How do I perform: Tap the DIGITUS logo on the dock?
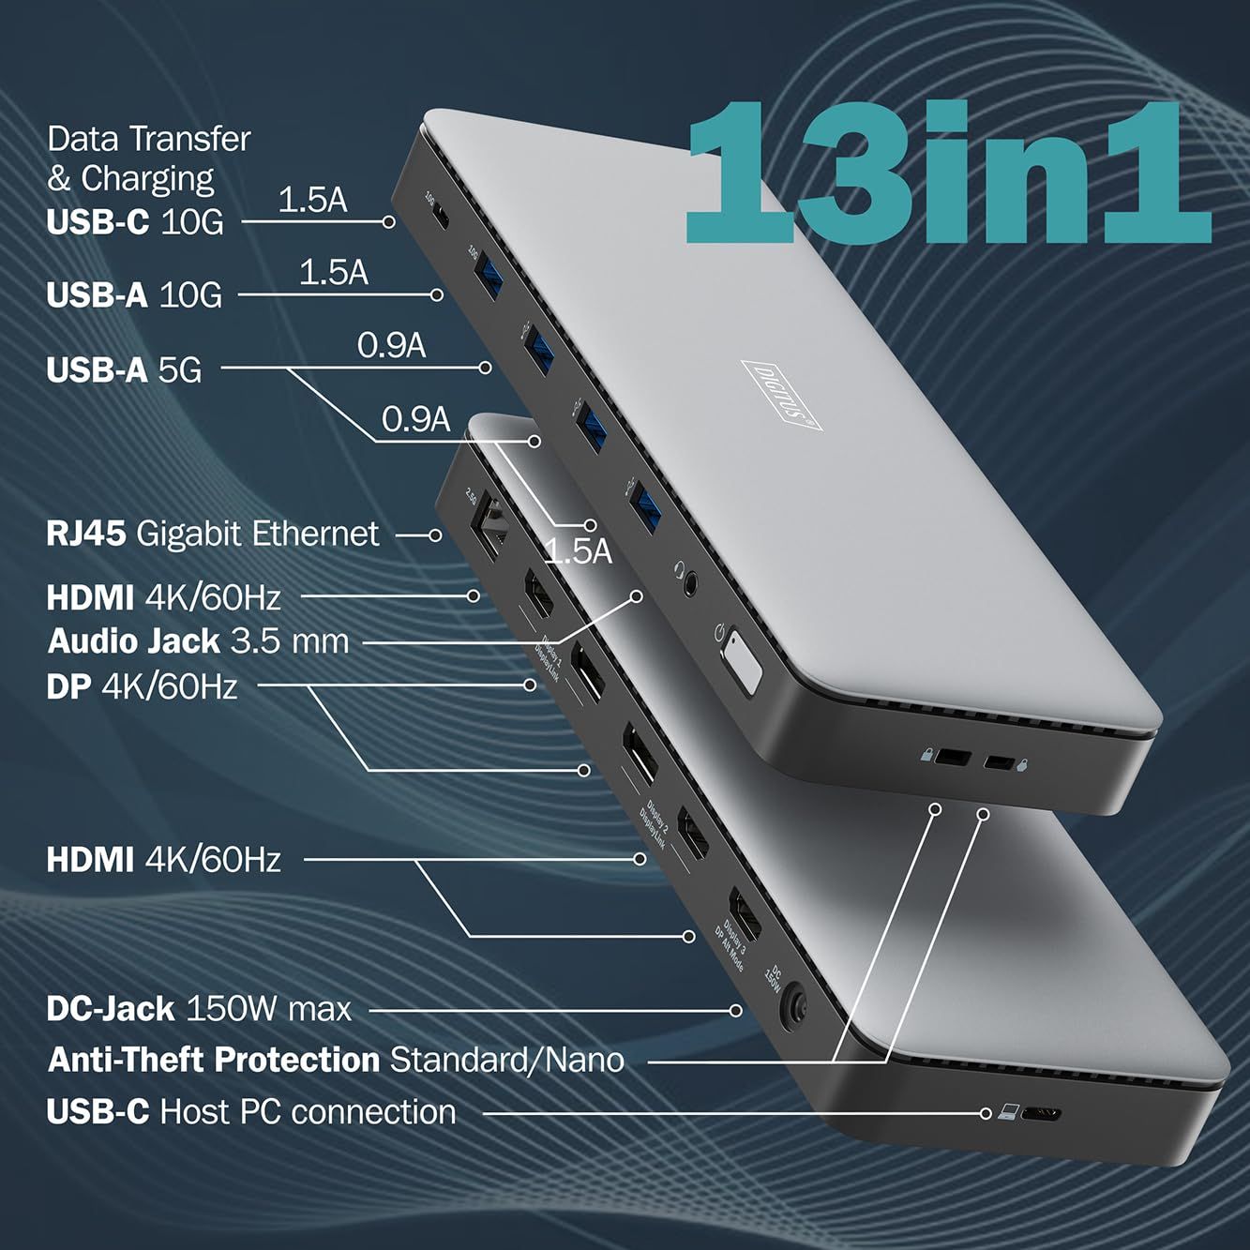tap(781, 395)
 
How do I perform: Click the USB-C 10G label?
tap(135, 222)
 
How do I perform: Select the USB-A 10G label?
tap(134, 294)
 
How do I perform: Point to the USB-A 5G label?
tap(124, 369)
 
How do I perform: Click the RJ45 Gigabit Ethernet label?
tap(213, 535)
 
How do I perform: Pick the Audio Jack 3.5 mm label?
tap(198, 641)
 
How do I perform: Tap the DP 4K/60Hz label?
tap(142, 686)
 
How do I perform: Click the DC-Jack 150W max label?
tap(199, 1009)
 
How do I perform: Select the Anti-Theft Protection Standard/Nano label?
tap(336, 1060)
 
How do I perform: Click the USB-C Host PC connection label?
tap(251, 1112)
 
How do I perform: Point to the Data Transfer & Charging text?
tap(148, 158)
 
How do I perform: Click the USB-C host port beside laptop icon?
tap(1041, 1115)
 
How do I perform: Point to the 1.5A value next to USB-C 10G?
tap(312, 200)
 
